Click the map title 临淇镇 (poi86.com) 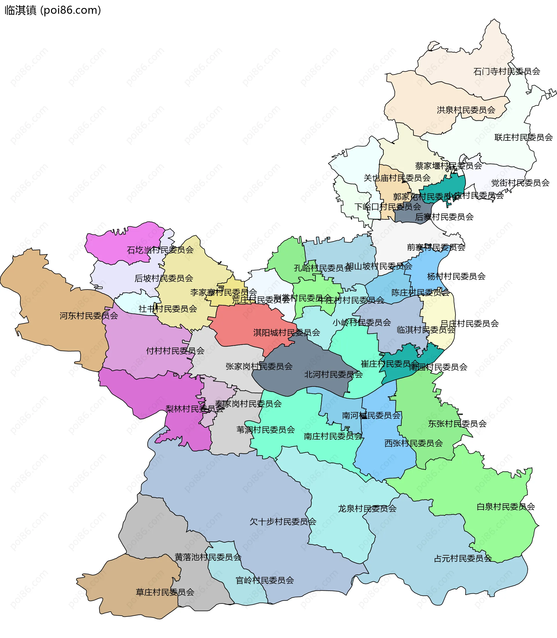click(x=53, y=10)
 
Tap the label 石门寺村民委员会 click(x=507, y=71)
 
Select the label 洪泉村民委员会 click(x=466, y=110)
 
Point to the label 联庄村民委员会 click(x=523, y=137)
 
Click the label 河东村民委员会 click(x=89, y=316)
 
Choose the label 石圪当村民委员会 click(x=160, y=250)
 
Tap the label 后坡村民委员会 click(x=164, y=278)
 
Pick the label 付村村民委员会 click(x=175, y=351)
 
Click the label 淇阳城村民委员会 click(x=287, y=332)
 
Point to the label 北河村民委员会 click(x=333, y=374)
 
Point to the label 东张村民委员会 click(x=457, y=424)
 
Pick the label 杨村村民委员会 click(x=456, y=276)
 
